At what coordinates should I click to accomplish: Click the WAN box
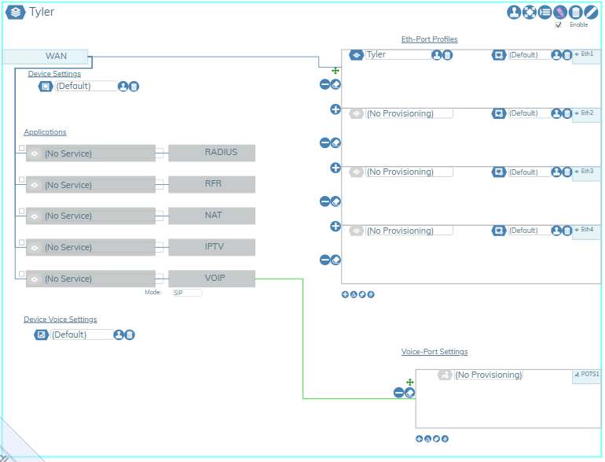[46, 57]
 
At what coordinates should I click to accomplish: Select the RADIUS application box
[211, 153]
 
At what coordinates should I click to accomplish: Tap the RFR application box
[211, 184]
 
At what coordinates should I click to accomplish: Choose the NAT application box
[211, 215]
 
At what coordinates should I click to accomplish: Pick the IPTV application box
[211, 247]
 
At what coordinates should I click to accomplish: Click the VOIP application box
[211, 278]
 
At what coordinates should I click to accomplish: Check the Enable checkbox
[559, 24]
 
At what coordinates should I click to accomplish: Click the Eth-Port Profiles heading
[429, 39]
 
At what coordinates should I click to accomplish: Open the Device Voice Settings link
[60, 320]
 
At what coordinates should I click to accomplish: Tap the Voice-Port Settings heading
[434, 352]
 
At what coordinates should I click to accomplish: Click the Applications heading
[45, 132]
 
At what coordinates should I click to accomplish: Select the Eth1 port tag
[587, 54]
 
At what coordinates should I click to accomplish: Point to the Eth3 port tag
[587, 171]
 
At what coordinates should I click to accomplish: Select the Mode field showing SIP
[187, 292]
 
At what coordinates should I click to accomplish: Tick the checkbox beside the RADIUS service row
[21, 149]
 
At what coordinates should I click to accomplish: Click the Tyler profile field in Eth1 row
[397, 55]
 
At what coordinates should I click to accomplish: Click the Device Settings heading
[54, 74]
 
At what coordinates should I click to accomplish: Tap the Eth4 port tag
[587, 230]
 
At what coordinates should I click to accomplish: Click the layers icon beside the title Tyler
[16, 12]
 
